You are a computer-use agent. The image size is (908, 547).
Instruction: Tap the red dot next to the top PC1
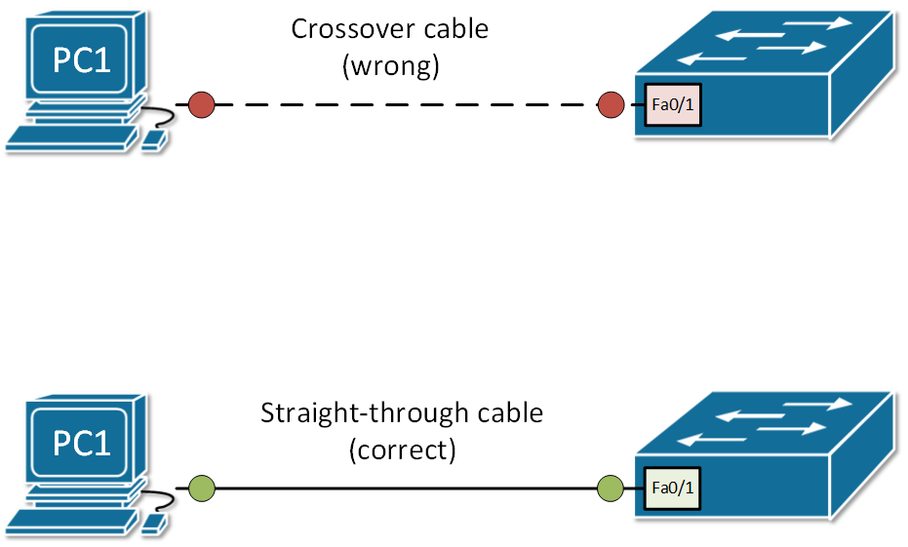click(201, 104)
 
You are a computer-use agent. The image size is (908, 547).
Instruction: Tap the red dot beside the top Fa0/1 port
click(611, 104)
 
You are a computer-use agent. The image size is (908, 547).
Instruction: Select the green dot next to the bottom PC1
click(201, 486)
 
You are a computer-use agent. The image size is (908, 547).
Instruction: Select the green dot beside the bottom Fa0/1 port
click(611, 486)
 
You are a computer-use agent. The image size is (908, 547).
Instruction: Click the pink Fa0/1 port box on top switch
click(672, 104)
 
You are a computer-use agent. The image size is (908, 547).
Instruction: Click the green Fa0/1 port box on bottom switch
click(672, 486)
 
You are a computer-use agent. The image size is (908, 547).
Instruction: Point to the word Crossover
click(346, 29)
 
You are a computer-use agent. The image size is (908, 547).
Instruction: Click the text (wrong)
click(390, 66)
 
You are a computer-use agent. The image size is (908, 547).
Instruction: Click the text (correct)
click(401, 450)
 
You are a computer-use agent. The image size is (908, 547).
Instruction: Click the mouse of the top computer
click(154, 140)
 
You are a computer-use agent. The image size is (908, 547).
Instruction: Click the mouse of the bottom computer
click(154, 523)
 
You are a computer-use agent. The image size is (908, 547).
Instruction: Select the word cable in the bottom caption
click(502, 413)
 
